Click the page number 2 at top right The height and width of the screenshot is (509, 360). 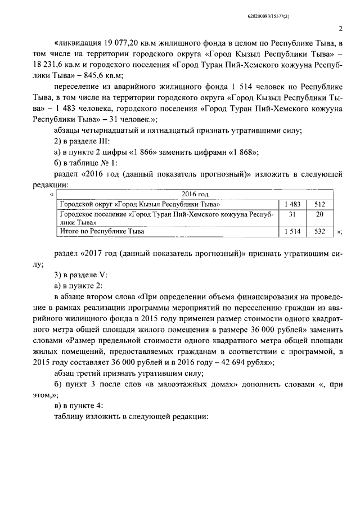pyautogui.click(x=341, y=29)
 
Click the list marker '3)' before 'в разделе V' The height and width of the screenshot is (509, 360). pyautogui.click(x=57, y=274)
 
